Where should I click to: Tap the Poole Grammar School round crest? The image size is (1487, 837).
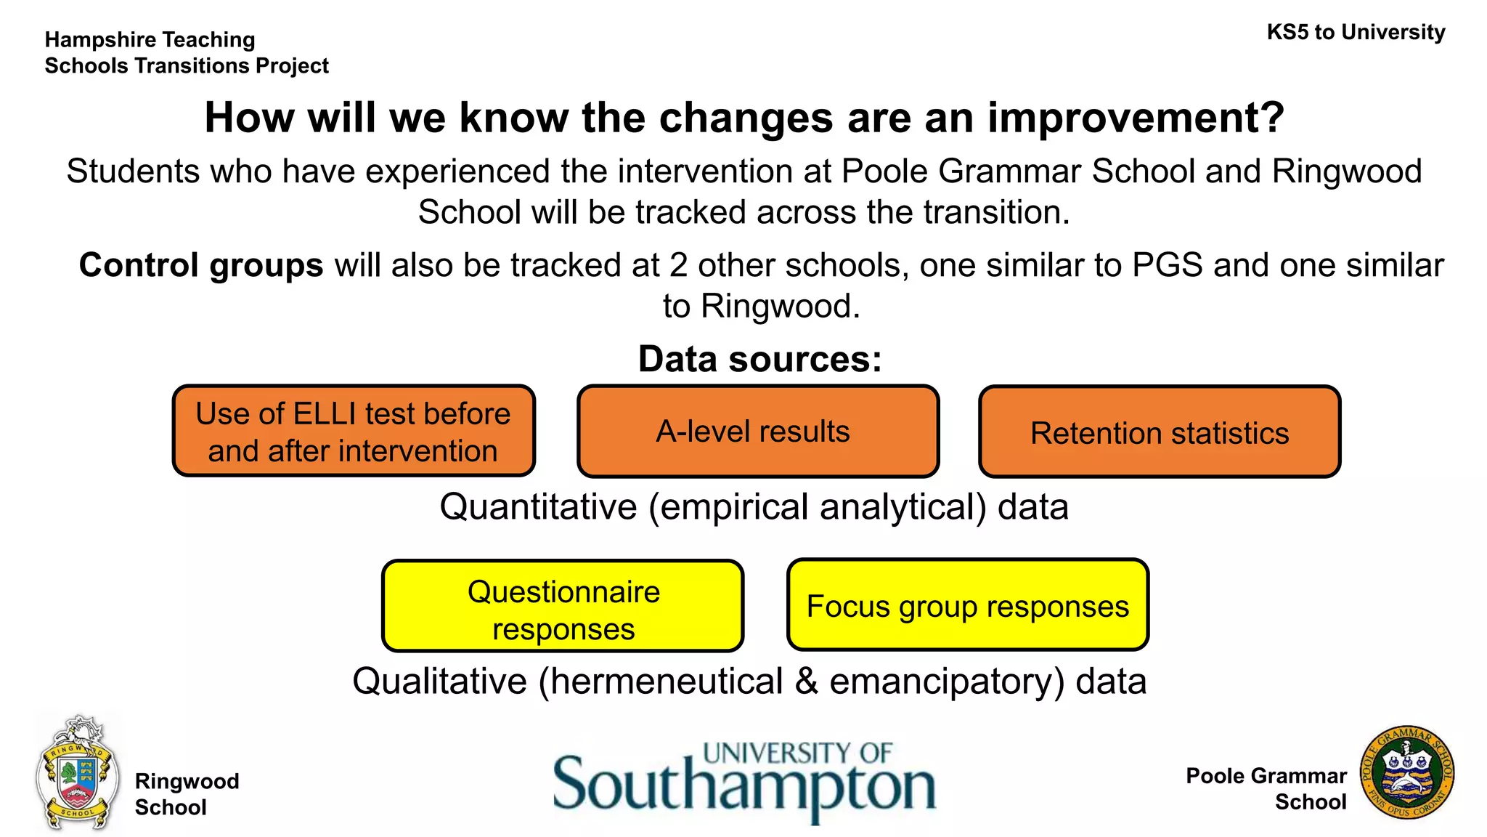(1406, 773)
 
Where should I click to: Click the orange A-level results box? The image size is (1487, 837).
(757, 432)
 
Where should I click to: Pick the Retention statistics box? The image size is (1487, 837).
(1159, 433)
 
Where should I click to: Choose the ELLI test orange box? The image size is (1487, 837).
(354, 432)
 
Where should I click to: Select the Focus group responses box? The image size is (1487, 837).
(967, 606)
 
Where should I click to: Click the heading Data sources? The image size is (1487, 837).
(759, 360)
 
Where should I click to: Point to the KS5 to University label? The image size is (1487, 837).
(1355, 33)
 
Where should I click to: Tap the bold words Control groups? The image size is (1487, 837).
(201, 265)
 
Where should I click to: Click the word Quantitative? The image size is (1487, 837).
(538, 506)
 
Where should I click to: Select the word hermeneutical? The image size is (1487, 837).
(667, 682)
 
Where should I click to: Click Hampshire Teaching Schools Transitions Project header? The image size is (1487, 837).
(187, 53)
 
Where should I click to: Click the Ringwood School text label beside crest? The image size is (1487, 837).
(187, 794)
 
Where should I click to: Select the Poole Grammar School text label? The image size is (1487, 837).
(1266, 789)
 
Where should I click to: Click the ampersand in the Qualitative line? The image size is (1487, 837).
(806, 682)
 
